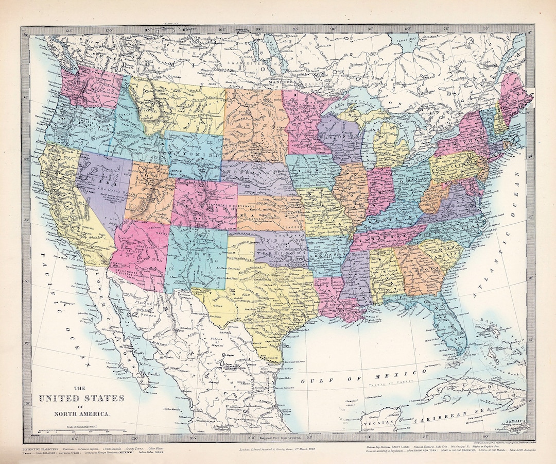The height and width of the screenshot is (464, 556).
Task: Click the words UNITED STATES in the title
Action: [81, 398]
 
